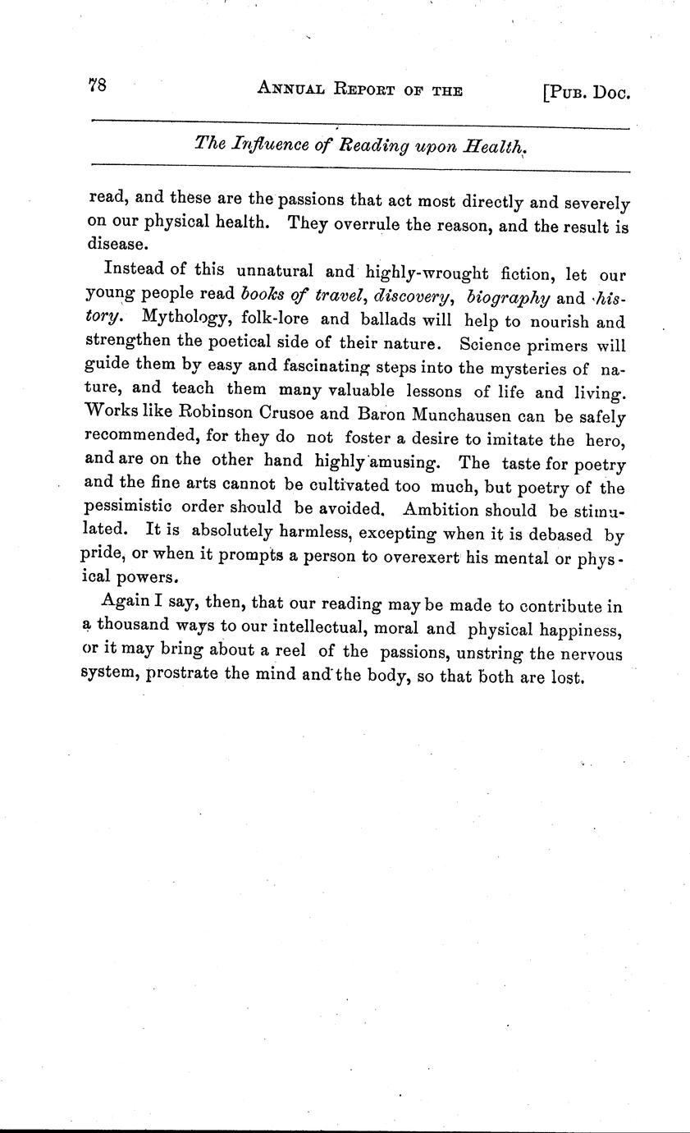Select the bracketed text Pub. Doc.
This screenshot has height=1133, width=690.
(585, 93)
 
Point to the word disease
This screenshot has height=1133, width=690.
(117, 245)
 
